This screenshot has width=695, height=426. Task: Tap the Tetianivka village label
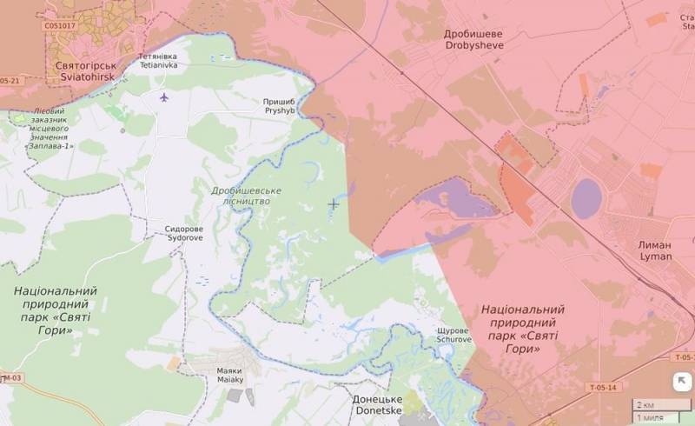[x=158, y=60]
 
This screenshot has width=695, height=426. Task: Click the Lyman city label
[x=655, y=251]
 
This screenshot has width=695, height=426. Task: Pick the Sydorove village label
[x=183, y=232]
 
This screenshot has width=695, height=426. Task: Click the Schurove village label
[x=455, y=335]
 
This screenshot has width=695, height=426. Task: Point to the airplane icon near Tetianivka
[x=164, y=96]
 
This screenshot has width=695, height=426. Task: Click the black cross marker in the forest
[x=333, y=203]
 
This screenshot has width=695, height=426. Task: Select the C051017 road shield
[x=60, y=26]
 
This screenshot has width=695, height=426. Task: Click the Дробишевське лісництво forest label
[x=241, y=195]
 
